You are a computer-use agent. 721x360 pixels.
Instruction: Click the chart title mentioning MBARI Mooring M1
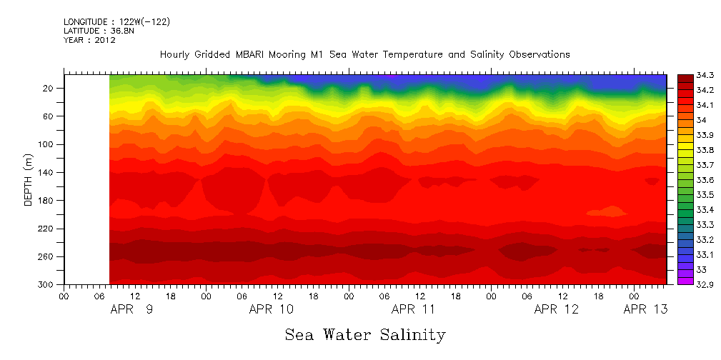[x=364, y=54]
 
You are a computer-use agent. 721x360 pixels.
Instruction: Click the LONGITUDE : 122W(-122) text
[x=116, y=22]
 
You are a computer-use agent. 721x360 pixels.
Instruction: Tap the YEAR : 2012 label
[x=89, y=41]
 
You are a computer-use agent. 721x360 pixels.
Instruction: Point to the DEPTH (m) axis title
[x=29, y=179]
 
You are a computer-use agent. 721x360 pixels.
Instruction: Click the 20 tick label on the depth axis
[x=51, y=88]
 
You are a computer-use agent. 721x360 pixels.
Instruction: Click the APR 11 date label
[x=413, y=309]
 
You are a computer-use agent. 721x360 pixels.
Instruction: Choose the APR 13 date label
[x=645, y=309]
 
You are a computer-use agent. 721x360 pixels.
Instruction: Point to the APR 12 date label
[x=556, y=309]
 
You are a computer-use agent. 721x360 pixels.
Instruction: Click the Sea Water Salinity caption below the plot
[x=364, y=334]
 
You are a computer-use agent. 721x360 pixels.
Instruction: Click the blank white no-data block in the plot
[x=86, y=179]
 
